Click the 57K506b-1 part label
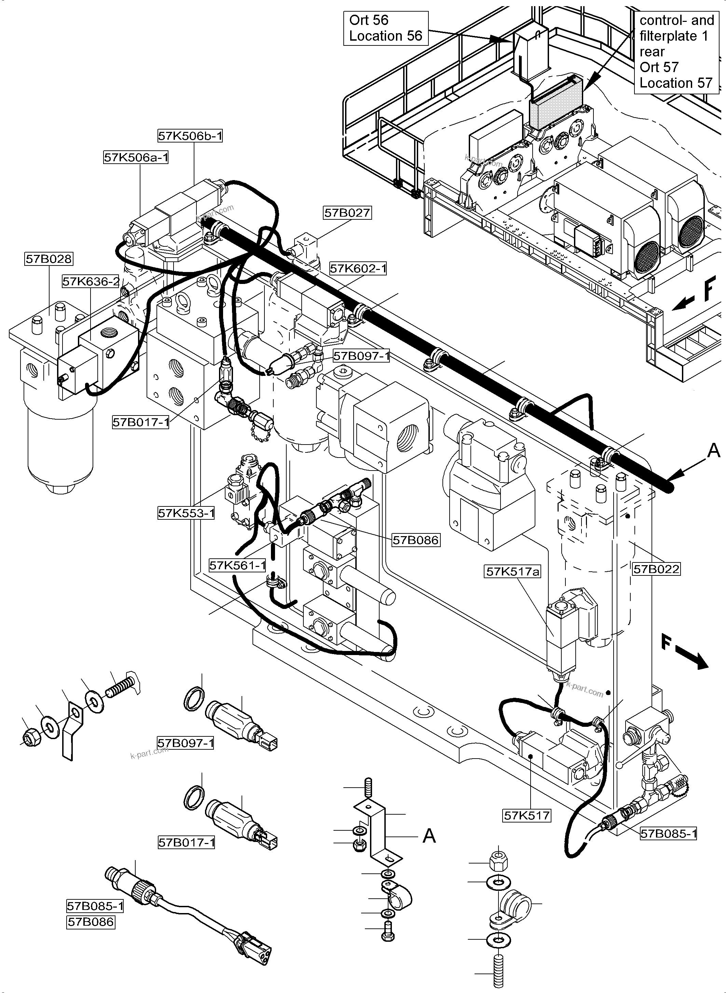coord(190,136)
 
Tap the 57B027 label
coord(347,213)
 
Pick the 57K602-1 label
coord(358,268)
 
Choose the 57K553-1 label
coord(186,513)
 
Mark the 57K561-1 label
coord(238,565)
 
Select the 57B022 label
coord(657,569)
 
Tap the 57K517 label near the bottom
coord(527,816)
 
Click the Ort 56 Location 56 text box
coord(385,28)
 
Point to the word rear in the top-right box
coord(652,52)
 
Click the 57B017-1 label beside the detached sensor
coord(186,842)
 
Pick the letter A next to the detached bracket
coord(429,835)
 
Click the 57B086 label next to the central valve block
coord(416,540)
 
